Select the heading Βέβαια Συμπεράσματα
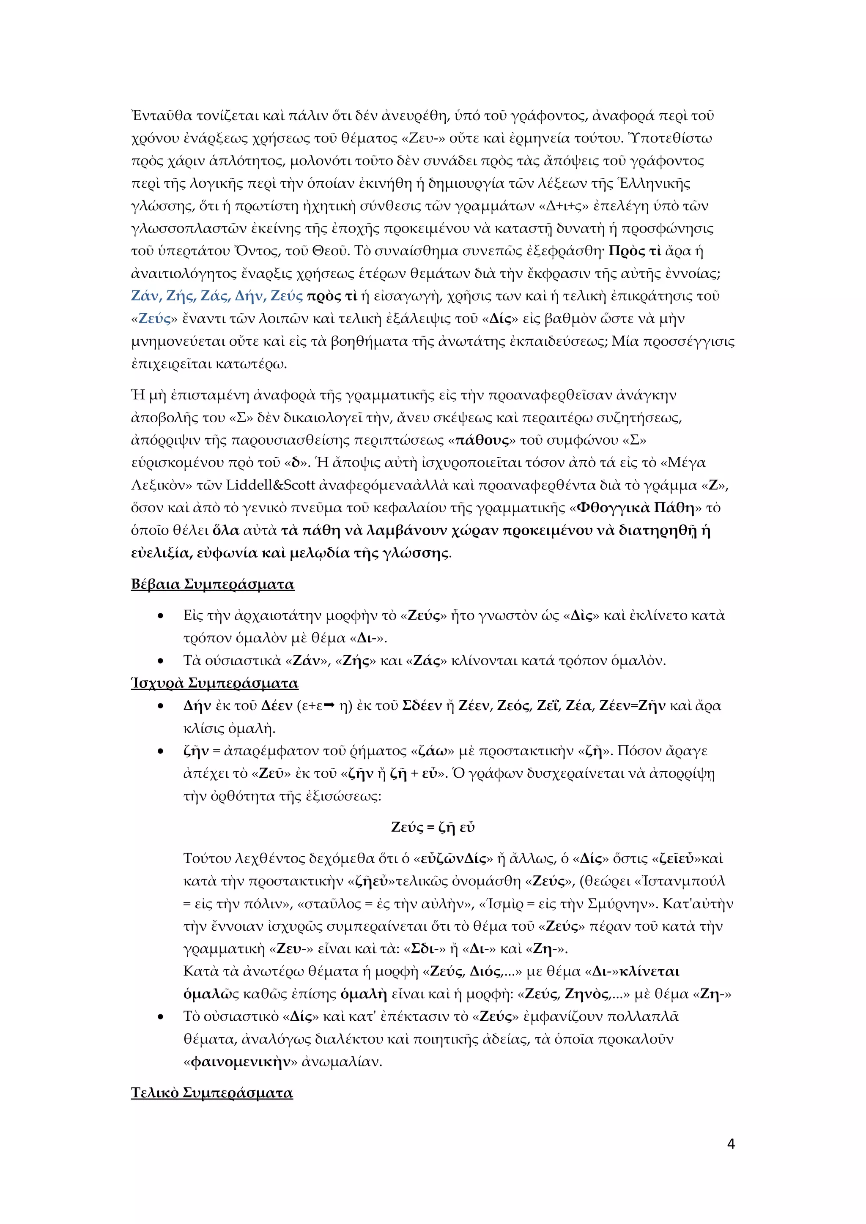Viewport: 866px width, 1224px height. click(x=212, y=584)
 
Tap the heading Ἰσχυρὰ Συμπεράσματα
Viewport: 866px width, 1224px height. click(x=214, y=683)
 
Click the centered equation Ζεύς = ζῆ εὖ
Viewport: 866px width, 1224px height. click(x=433, y=827)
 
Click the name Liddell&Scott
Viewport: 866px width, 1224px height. click(x=271, y=485)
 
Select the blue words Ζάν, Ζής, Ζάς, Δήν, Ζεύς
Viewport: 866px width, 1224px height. click(x=216, y=296)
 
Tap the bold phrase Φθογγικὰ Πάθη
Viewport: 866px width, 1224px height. click(x=636, y=508)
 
